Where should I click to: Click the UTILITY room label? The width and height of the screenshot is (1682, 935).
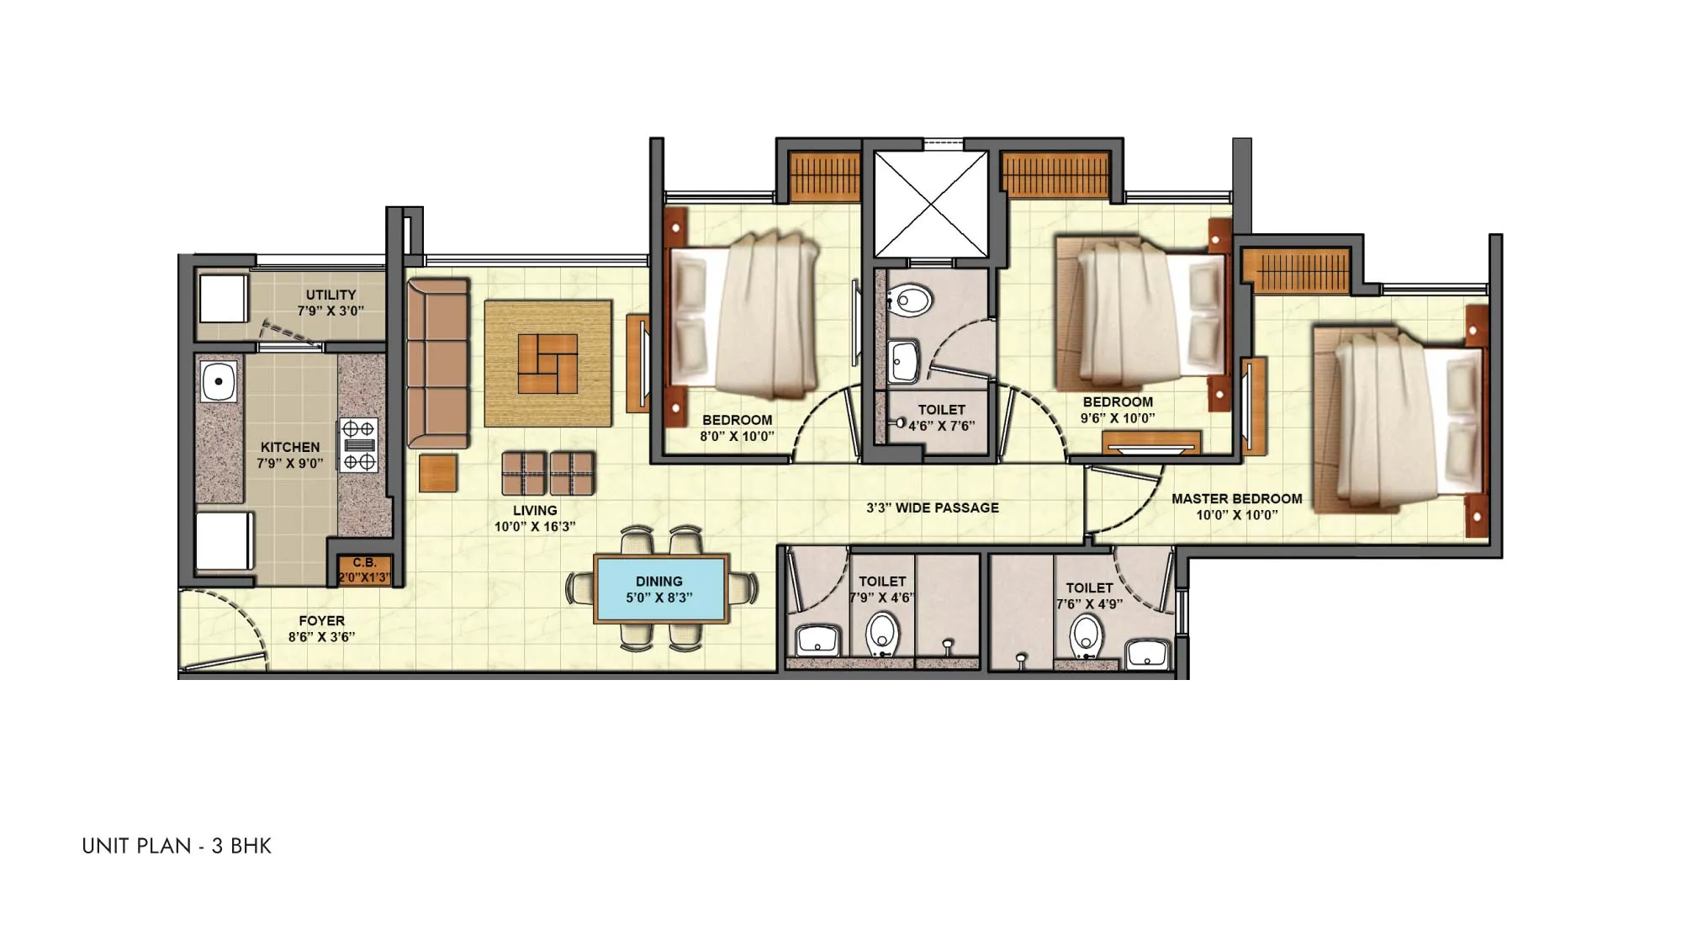coord(331,302)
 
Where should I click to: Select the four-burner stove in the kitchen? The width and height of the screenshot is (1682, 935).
coord(359,444)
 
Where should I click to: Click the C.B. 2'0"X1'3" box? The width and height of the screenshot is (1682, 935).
coord(364,571)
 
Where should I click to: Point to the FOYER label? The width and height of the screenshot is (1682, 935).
coord(321,629)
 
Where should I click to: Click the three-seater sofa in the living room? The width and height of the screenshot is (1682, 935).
coord(437,363)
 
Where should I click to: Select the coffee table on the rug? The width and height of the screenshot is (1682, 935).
coord(547,364)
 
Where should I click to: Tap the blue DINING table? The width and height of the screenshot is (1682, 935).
coord(660,589)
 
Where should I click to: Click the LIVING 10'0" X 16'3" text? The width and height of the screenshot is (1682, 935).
coord(535,518)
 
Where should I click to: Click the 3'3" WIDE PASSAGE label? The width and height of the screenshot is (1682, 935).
coord(933,508)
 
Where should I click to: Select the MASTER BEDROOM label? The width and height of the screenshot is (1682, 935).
coord(1236,507)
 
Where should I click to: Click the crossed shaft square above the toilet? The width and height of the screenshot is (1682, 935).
coord(930,204)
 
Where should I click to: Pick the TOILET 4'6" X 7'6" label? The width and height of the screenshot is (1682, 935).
coord(941,418)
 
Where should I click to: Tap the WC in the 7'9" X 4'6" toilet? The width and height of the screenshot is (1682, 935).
coord(881,633)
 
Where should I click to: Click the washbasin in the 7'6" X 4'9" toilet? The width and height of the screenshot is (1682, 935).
coord(1147,652)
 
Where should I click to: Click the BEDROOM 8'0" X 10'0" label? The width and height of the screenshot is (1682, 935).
coord(737,428)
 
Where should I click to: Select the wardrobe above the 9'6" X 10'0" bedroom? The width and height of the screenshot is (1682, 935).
coord(1055,175)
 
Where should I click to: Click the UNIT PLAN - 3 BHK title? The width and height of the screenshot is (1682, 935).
coord(177,846)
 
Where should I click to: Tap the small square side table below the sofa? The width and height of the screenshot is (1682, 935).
coord(438,473)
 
